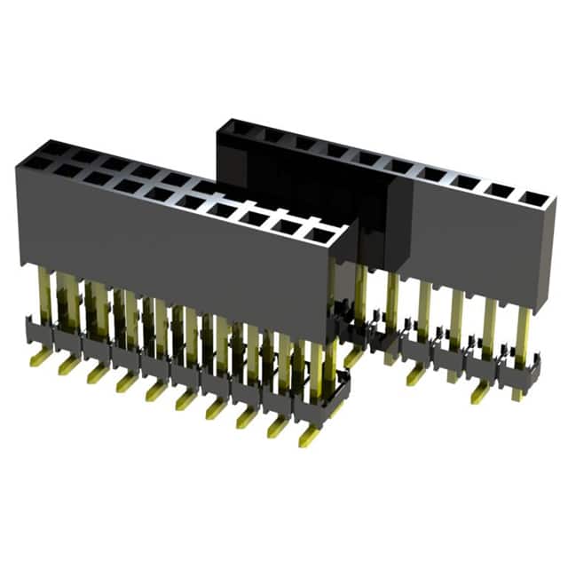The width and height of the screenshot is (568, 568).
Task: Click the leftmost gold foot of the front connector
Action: click(38, 358)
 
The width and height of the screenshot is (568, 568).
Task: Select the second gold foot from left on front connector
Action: click(67, 365)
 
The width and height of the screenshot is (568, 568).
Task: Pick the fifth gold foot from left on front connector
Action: click(154, 389)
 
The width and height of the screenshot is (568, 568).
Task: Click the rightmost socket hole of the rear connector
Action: click(532, 198)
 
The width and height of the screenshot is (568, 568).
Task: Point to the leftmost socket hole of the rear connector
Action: click(237, 130)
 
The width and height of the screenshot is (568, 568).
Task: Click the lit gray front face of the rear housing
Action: click(479, 248)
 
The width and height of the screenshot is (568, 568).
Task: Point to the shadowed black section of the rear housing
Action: click(302, 177)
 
